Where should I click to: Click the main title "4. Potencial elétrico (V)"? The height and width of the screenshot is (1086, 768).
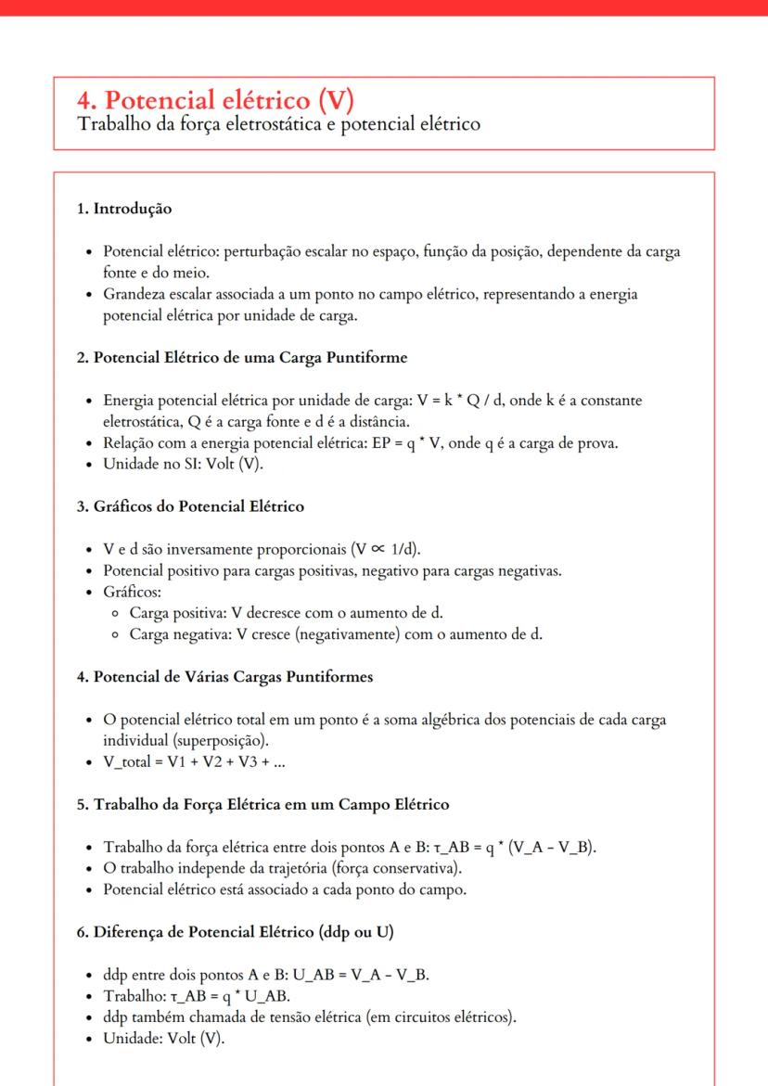click(x=216, y=100)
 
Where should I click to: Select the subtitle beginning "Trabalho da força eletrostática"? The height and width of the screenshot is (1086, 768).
click(x=278, y=124)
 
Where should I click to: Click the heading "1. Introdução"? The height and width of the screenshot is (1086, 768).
click(x=123, y=210)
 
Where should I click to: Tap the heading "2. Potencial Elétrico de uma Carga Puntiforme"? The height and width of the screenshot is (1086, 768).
click(x=241, y=357)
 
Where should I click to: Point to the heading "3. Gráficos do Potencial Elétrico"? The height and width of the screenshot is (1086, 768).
click(x=190, y=506)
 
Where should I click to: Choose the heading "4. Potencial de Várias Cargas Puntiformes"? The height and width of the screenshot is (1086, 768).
click(x=224, y=676)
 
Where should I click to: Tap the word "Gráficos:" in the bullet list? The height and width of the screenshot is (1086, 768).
click(x=132, y=591)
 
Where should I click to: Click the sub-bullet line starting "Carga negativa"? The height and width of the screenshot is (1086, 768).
click(x=336, y=634)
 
